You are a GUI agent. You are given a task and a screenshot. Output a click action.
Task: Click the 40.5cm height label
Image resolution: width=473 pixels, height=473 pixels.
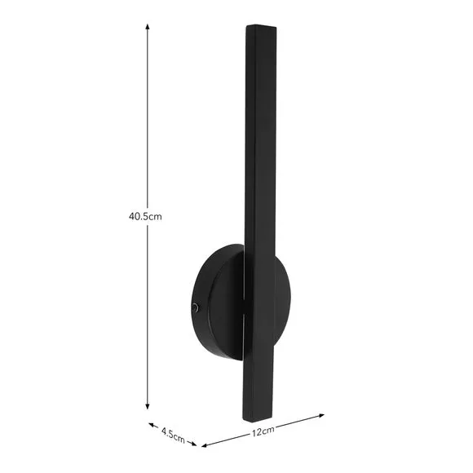pyautogui.click(x=145, y=216)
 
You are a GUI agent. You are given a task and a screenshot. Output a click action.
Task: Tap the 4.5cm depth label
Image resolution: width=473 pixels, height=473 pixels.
pyautogui.click(x=173, y=435)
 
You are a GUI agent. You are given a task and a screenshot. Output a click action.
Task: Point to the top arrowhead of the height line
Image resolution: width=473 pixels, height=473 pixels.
pyautogui.click(x=148, y=26)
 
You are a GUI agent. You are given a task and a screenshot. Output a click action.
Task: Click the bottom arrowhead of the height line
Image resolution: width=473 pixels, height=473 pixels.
pyautogui.click(x=148, y=406)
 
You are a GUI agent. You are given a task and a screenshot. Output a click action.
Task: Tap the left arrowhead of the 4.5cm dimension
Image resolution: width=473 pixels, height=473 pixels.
pyautogui.click(x=151, y=425)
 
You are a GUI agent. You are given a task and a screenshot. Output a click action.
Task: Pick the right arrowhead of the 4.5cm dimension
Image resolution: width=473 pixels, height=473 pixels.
pyautogui.click(x=193, y=444)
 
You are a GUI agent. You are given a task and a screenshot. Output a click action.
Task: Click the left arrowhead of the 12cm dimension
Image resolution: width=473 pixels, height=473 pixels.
pyautogui.click(x=204, y=445)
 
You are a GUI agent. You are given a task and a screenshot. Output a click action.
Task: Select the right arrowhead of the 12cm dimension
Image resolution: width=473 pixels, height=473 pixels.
pyautogui.click(x=321, y=416)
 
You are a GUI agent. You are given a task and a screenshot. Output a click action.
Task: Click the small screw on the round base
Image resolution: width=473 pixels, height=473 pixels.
pyautogui.click(x=196, y=307)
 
